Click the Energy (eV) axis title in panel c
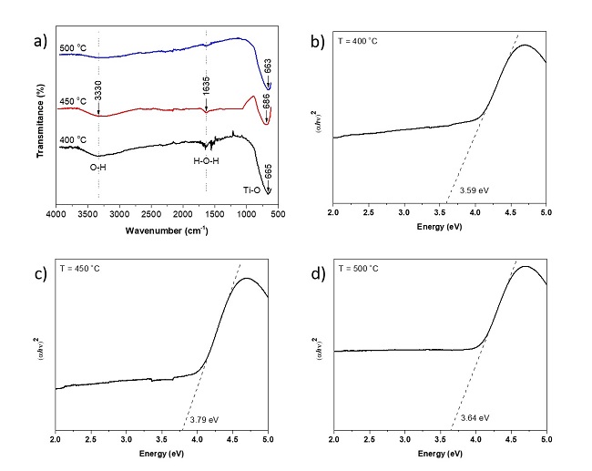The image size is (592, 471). click(x=162, y=453)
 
